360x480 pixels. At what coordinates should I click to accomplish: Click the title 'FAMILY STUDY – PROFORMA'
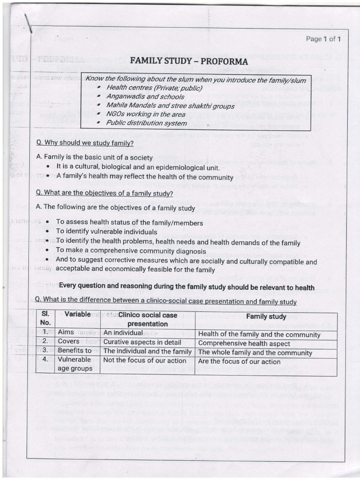click(x=188, y=61)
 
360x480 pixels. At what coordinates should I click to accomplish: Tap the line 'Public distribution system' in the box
click(x=146, y=123)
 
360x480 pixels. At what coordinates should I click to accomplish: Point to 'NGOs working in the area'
click(x=146, y=114)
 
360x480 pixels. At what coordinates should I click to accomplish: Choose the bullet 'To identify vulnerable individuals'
click(x=106, y=232)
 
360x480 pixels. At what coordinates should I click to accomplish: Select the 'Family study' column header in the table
click(x=266, y=317)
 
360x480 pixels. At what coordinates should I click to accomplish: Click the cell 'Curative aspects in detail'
click(x=142, y=343)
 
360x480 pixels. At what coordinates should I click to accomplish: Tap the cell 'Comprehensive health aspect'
click(x=244, y=343)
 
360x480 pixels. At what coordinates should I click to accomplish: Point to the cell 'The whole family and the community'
click(x=255, y=352)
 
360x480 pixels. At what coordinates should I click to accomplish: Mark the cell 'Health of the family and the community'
click(x=259, y=334)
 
